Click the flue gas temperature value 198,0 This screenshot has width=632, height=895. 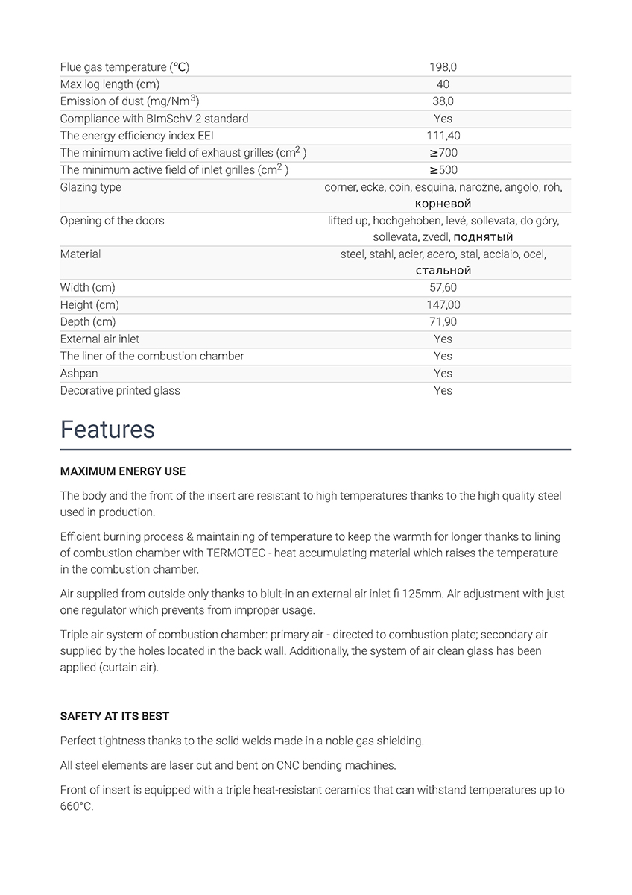(443, 67)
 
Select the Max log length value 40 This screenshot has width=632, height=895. (443, 84)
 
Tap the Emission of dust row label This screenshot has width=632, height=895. (129, 101)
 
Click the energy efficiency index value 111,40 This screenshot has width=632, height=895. (443, 136)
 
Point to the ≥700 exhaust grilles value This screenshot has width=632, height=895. (443, 153)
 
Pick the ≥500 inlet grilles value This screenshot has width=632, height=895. (443, 170)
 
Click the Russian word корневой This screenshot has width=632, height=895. (443, 204)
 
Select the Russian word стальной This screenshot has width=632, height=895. (443, 271)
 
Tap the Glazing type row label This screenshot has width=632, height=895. (90, 187)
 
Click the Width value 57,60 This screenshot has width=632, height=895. (443, 288)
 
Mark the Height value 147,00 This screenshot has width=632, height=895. (443, 305)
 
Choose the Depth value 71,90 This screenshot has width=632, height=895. (443, 322)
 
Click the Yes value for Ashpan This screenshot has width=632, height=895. (443, 374)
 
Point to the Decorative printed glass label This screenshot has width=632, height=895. (120, 391)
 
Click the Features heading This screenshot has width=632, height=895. (107, 430)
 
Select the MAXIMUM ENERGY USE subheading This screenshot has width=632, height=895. (123, 471)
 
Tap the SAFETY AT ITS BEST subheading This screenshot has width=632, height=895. (115, 716)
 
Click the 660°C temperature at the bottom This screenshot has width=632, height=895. (77, 806)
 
